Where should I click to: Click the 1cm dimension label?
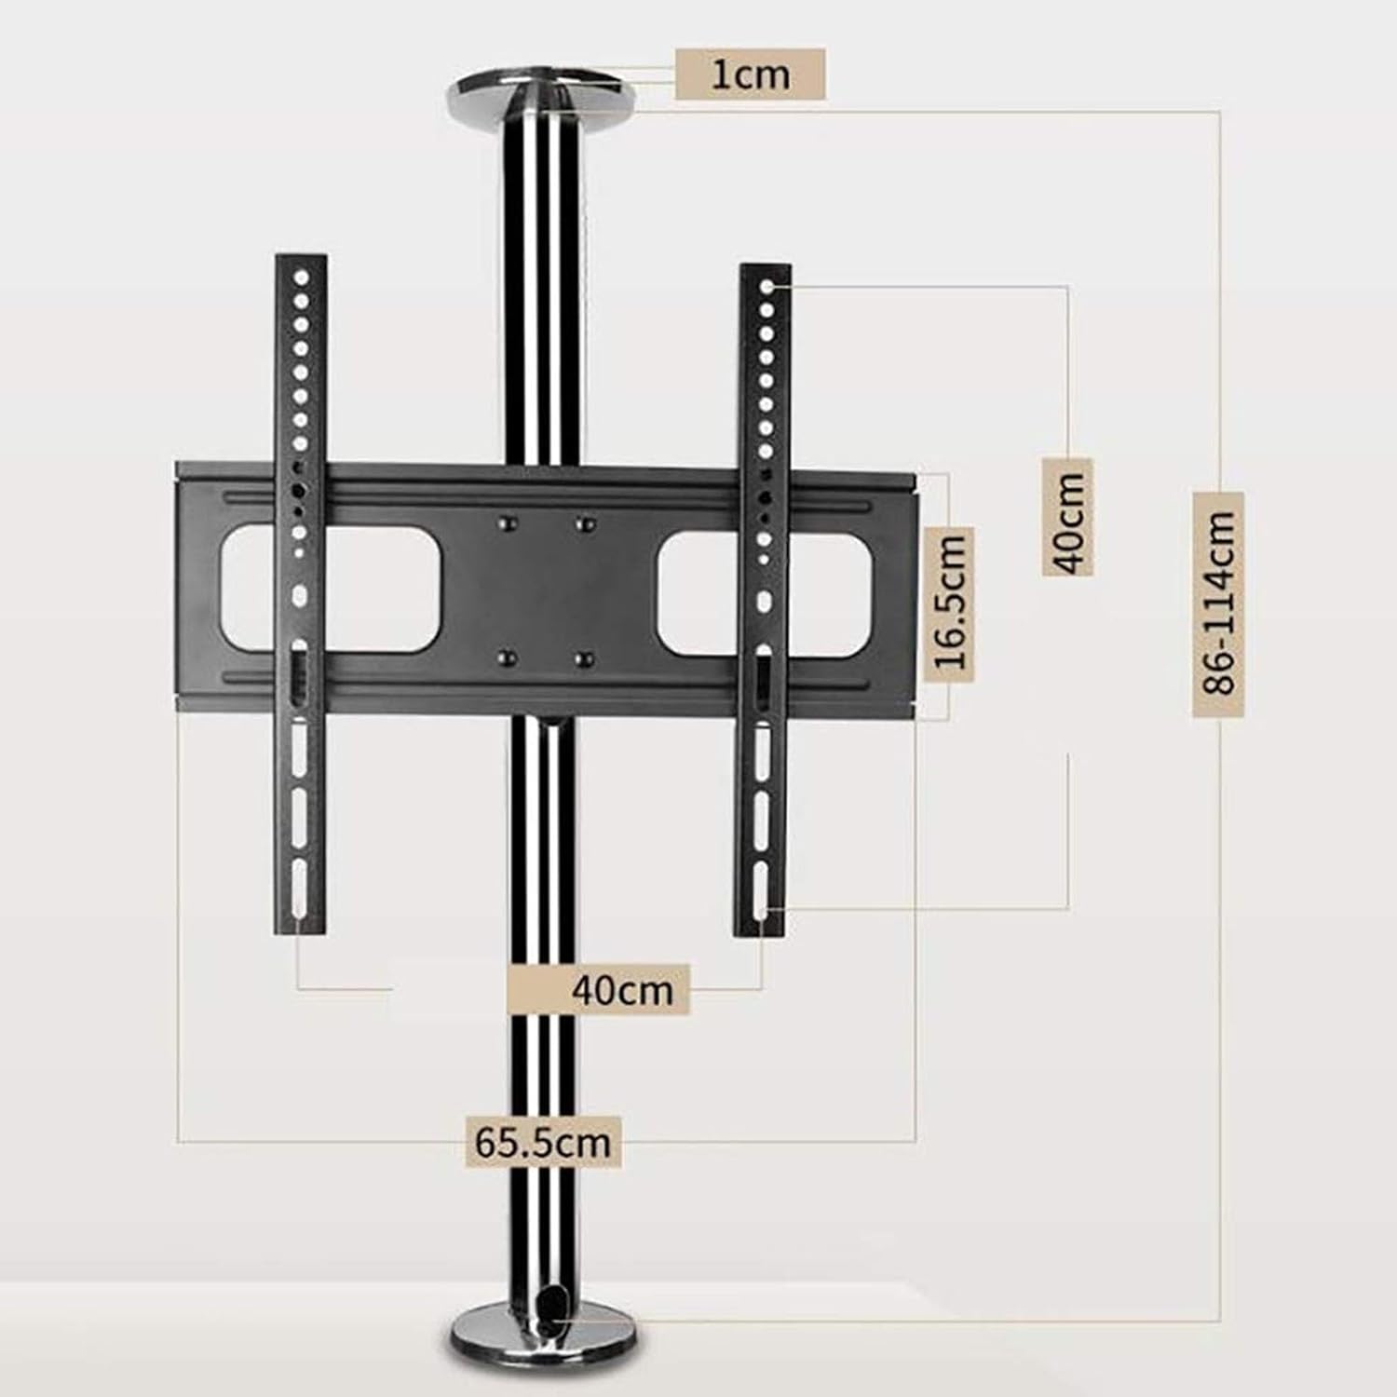point(750,75)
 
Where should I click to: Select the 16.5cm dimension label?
point(951,599)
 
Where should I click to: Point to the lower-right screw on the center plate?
point(584,659)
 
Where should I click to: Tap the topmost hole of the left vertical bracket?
point(301,278)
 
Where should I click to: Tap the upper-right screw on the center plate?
point(585,523)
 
